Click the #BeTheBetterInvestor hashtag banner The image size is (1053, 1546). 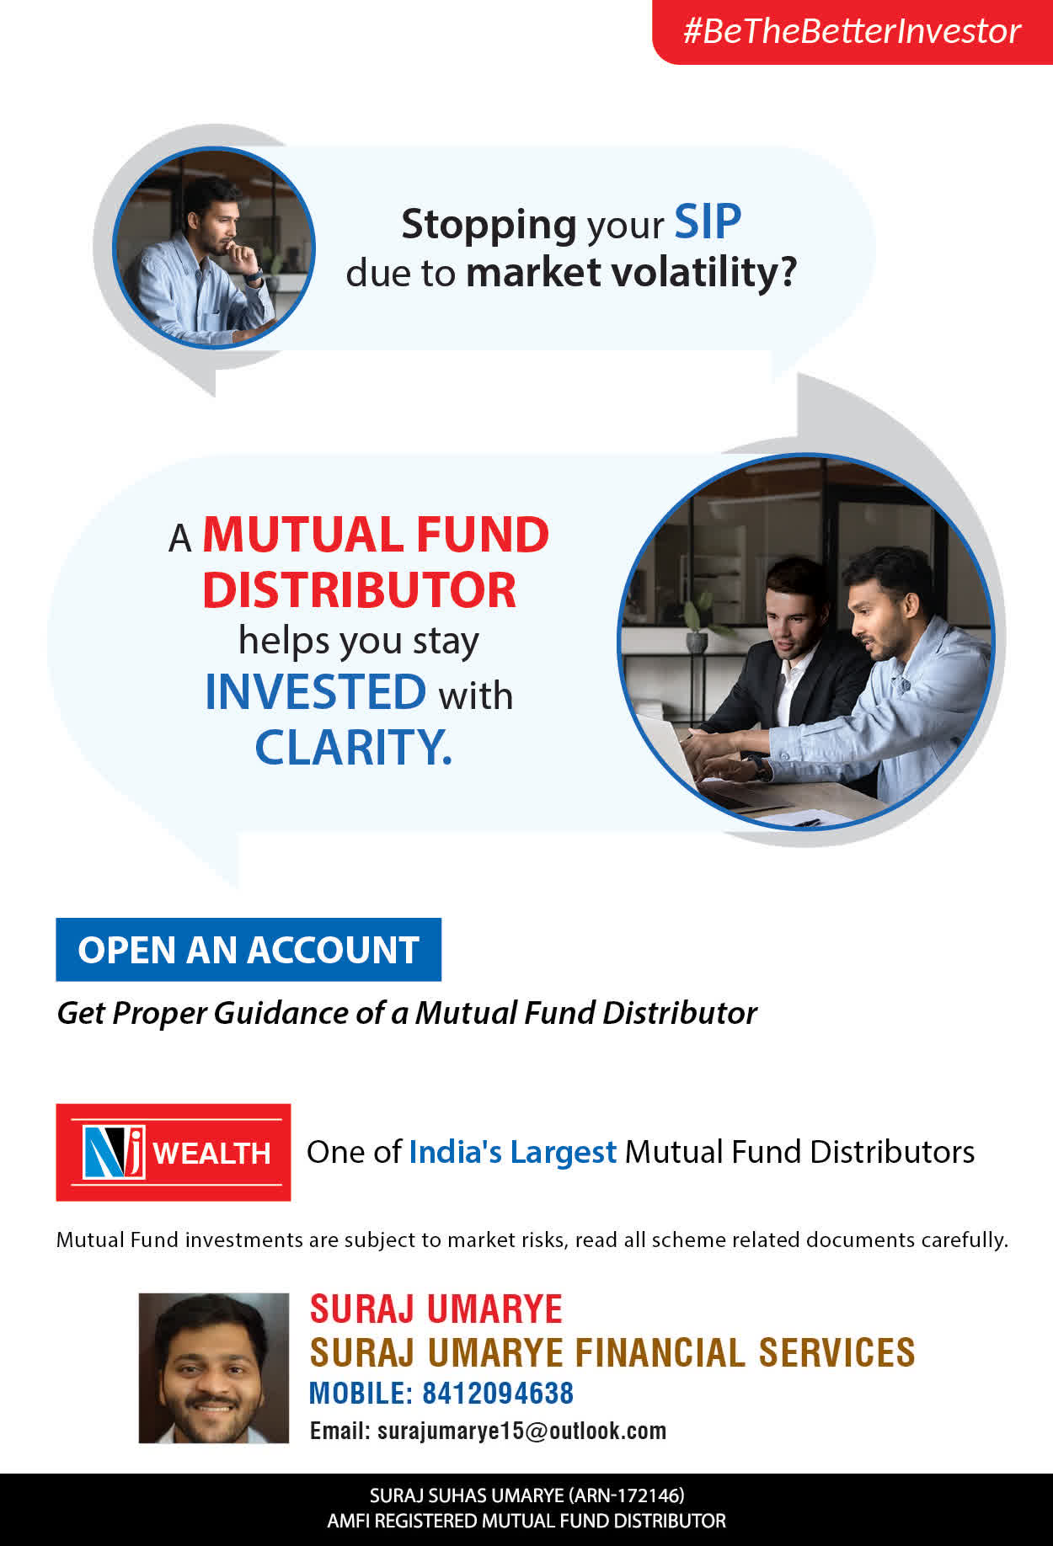point(853,31)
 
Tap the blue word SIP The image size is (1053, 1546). point(708,222)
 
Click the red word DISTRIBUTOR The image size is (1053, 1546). point(359,589)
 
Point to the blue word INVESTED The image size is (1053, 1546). point(316,691)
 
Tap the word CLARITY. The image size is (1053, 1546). point(354,747)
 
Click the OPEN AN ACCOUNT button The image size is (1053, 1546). point(249,950)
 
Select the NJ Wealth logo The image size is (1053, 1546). point(174,1152)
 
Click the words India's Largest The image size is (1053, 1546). point(513,1152)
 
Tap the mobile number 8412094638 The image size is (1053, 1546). point(498,1394)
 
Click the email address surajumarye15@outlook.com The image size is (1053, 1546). point(521,1431)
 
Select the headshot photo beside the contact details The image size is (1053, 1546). point(214,1368)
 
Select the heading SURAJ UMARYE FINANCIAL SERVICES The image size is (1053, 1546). point(612,1352)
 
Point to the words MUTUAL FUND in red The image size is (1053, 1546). point(376,535)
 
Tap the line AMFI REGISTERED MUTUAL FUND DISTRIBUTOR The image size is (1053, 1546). point(526,1521)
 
